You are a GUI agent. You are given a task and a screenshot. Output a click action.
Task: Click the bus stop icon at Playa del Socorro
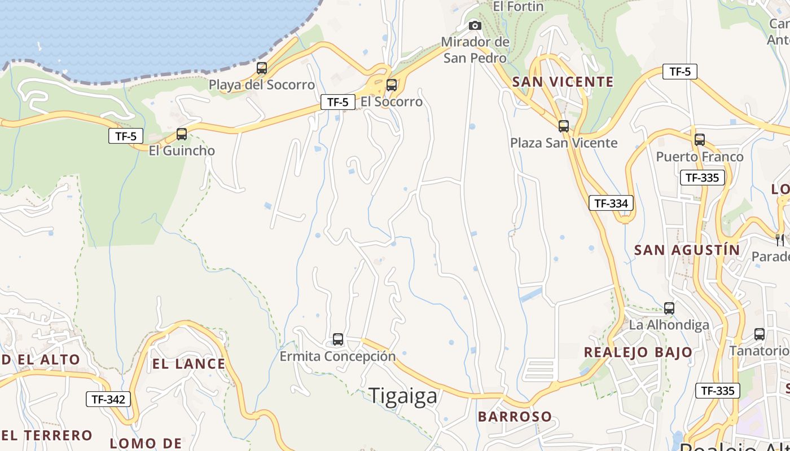(x=262, y=69)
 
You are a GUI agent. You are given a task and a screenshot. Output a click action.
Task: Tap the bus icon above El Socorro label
(x=391, y=86)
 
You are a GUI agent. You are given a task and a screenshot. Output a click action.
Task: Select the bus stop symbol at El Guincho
(x=182, y=134)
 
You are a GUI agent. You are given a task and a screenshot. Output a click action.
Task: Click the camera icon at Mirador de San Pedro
(x=475, y=25)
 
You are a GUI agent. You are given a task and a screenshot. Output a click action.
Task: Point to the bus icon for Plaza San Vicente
(x=563, y=126)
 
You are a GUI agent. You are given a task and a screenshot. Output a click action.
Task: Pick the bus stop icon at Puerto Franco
(x=700, y=140)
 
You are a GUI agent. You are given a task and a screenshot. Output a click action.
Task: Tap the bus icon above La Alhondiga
(x=669, y=308)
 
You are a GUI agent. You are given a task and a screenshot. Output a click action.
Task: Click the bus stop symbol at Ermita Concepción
(x=338, y=339)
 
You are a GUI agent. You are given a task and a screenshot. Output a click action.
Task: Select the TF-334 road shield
(x=611, y=203)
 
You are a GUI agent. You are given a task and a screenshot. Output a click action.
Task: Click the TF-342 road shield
(x=108, y=400)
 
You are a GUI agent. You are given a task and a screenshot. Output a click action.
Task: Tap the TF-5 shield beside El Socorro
(x=338, y=102)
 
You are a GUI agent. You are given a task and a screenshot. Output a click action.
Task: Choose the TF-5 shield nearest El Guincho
(x=126, y=136)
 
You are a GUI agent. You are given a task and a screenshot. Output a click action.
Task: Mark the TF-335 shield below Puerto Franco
(x=702, y=178)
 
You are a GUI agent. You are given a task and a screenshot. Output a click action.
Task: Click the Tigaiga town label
(x=403, y=396)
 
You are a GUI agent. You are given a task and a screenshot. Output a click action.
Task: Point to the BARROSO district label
(x=515, y=417)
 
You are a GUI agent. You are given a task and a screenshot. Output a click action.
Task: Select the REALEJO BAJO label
(x=638, y=352)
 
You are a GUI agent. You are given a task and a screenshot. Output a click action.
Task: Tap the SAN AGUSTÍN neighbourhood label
(x=687, y=250)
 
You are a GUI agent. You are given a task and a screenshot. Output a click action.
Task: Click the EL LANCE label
(x=188, y=364)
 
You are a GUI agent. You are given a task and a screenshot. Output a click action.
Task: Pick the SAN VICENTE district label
(x=563, y=82)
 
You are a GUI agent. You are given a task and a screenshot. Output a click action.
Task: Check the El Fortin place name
(x=518, y=7)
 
